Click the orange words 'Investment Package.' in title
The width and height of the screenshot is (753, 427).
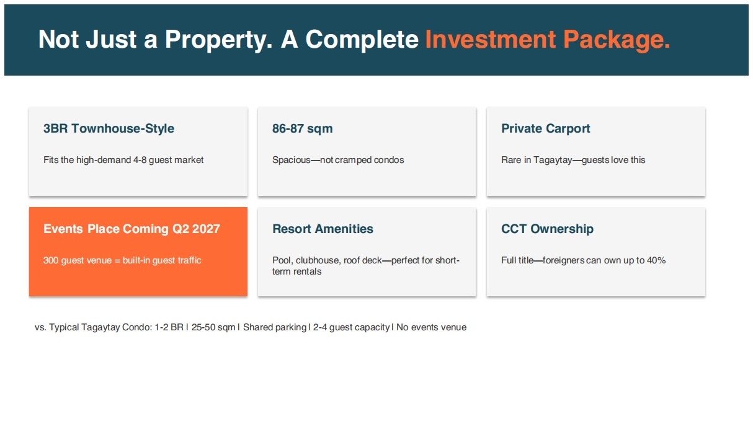[548, 40]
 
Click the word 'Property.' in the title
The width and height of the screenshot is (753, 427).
[218, 40]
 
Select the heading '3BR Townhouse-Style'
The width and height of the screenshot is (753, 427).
[109, 128]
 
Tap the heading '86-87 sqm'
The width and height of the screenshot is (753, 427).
[302, 128]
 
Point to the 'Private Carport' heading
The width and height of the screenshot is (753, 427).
[546, 128]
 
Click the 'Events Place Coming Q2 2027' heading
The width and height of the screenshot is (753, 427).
[131, 229]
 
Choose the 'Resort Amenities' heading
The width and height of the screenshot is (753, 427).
[323, 229]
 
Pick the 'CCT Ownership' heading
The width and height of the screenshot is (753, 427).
[547, 229]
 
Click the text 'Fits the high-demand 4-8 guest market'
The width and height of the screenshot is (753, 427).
[123, 160]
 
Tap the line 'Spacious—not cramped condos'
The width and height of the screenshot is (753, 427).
[338, 160]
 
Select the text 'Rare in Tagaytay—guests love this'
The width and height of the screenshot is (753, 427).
[573, 160]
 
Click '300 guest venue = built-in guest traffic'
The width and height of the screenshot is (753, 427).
[122, 260]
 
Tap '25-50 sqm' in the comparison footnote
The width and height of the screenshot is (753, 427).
[213, 327]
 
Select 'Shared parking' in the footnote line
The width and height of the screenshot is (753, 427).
[275, 327]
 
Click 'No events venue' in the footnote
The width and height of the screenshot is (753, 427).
[431, 327]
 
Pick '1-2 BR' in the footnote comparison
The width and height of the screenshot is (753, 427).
[169, 327]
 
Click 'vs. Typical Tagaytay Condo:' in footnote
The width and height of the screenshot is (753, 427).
[94, 327]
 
